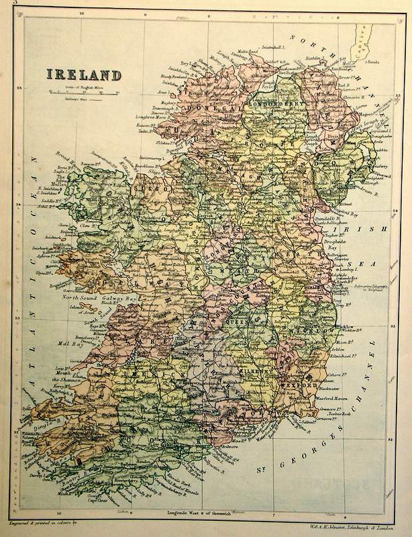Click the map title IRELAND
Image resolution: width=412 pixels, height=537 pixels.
click(84, 74)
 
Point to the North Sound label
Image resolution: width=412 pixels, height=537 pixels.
click(80, 296)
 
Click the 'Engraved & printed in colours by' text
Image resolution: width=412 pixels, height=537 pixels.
click(46, 522)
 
